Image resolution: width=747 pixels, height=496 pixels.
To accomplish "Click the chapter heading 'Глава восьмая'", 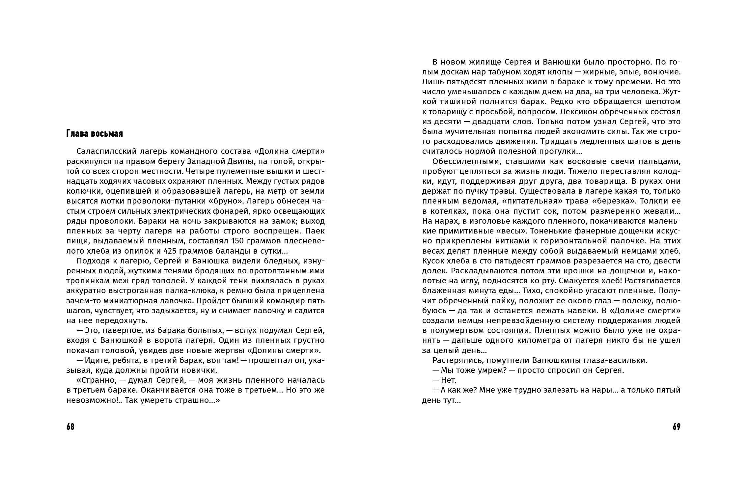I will click(95, 134).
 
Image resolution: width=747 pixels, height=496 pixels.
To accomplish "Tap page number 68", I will click(70, 427).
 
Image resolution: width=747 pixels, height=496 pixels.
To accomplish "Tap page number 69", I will click(677, 427).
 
